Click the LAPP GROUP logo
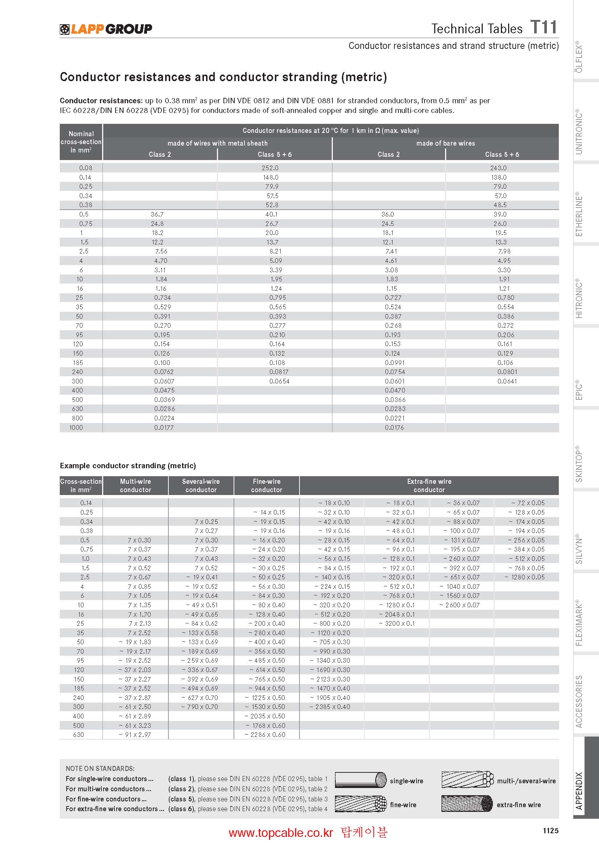106,29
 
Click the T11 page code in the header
543,27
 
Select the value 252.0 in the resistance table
270,168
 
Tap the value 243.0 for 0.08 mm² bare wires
498,168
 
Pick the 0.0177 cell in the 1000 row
164,428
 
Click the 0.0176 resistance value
394,428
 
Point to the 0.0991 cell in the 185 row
394,362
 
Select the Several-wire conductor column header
201,486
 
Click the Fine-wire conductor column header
266,486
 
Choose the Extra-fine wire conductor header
429,486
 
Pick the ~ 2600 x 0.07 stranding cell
459,605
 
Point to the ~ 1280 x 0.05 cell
524,577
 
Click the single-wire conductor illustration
360,780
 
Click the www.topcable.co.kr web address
281,833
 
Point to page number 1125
550,830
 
